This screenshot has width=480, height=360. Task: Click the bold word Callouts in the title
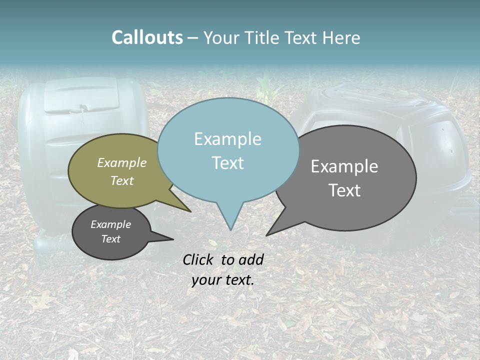tap(147, 37)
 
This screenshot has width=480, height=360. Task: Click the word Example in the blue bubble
tap(227, 139)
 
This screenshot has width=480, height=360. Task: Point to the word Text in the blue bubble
tap(227, 162)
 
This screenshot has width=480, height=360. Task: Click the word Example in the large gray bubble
tap(344, 166)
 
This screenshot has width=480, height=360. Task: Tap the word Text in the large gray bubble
tap(344, 190)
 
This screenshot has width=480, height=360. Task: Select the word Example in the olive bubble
tap(122, 162)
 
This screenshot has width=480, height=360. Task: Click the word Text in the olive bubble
tap(122, 180)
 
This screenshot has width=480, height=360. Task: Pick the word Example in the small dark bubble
tap(111, 224)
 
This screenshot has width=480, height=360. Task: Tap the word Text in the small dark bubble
tap(111, 239)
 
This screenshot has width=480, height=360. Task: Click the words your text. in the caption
tap(223, 280)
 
